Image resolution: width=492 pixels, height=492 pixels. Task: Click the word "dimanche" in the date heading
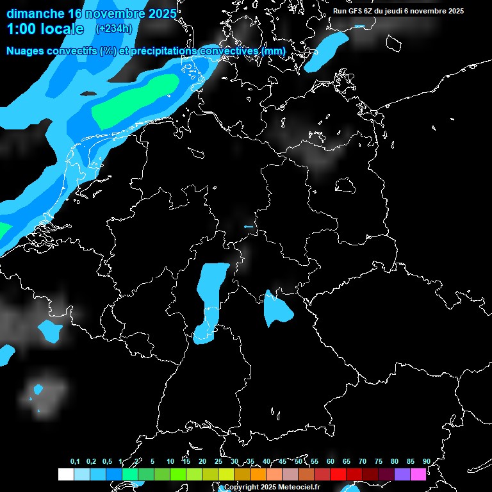point(35,13)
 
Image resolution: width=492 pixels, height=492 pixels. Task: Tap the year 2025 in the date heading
point(159,13)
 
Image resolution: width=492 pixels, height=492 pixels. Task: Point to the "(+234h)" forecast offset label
point(113,28)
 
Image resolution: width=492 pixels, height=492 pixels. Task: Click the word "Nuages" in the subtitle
point(26,51)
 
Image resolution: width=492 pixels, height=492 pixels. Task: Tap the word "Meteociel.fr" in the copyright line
point(299,487)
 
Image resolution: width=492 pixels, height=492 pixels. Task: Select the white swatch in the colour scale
point(65,474)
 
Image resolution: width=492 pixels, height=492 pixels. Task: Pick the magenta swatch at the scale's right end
point(418,474)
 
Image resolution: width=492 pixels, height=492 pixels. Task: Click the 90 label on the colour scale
point(426,461)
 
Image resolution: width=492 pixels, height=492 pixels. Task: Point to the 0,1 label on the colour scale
point(75,461)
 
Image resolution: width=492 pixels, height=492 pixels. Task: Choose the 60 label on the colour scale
point(330,461)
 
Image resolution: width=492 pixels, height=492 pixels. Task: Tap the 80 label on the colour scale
point(394,461)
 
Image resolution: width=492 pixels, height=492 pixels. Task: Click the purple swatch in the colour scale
point(402,474)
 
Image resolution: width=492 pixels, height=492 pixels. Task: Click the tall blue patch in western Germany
point(209,298)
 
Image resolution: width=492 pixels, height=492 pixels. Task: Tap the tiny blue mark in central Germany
point(249,227)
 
